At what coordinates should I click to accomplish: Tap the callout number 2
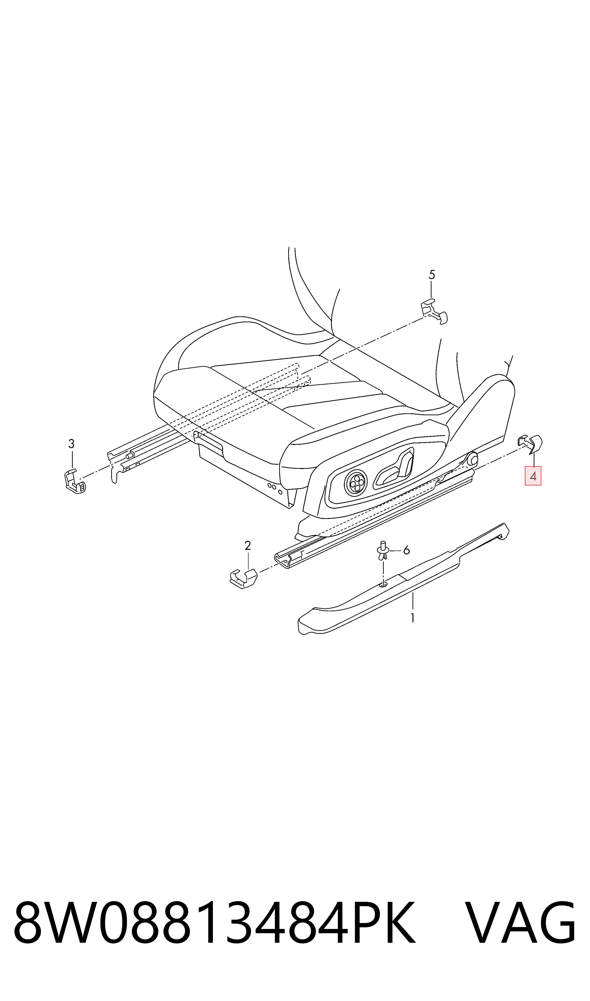[x=248, y=546]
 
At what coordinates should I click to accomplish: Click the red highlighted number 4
[x=533, y=476]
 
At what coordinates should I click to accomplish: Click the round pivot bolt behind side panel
[x=473, y=458]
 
